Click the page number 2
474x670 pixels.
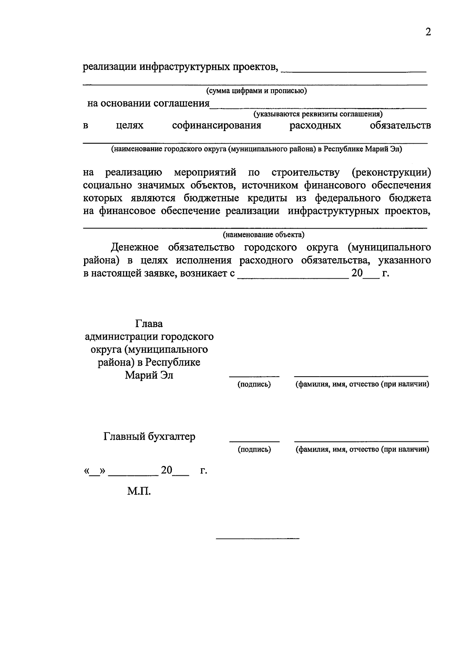coord(428,32)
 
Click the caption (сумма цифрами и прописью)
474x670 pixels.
coord(256,91)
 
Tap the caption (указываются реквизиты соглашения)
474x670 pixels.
coord(318,114)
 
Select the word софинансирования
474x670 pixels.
coord(217,126)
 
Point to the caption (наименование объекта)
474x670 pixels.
coord(263,235)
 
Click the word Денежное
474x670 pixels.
coord(135,248)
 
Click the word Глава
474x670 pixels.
coord(149,324)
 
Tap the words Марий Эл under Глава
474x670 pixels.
coord(149,375)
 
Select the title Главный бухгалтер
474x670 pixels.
coord(149,437)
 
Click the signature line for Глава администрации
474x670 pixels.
coord(254,376)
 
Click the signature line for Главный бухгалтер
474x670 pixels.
coord(254,441)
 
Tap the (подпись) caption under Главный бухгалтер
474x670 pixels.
coord(254,450)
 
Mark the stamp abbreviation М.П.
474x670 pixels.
coord(139,492)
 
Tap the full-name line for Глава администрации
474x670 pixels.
coord(361,376)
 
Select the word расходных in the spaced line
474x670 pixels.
coord(315,126)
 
